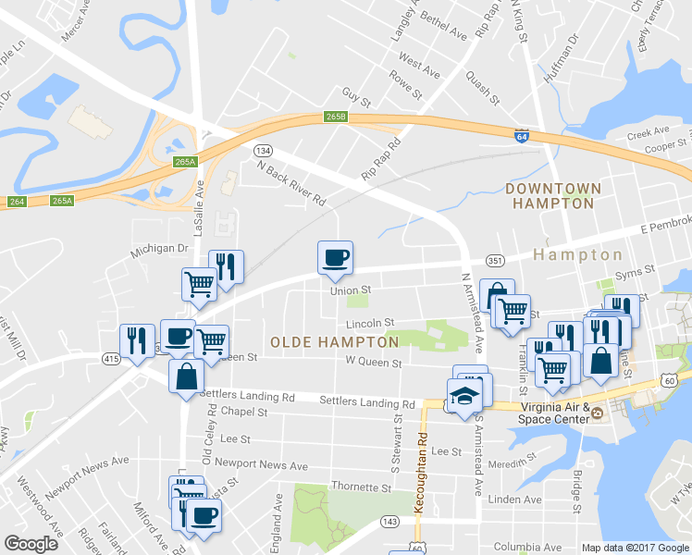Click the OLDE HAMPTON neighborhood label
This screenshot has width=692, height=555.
coord(334,342)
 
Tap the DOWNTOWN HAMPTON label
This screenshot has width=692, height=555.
coord(553,195)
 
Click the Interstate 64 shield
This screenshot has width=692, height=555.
coord(522,135)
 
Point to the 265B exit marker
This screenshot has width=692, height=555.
coord(336,117)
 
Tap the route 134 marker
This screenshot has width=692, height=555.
coord(264,150)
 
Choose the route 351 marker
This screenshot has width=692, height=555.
coord(495,260)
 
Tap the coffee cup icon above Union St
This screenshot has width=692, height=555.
coord(335,257)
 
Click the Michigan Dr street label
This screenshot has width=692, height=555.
coord(159,250)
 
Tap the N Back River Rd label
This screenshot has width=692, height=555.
coord(292,184)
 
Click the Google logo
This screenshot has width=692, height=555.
coord(31,544)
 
